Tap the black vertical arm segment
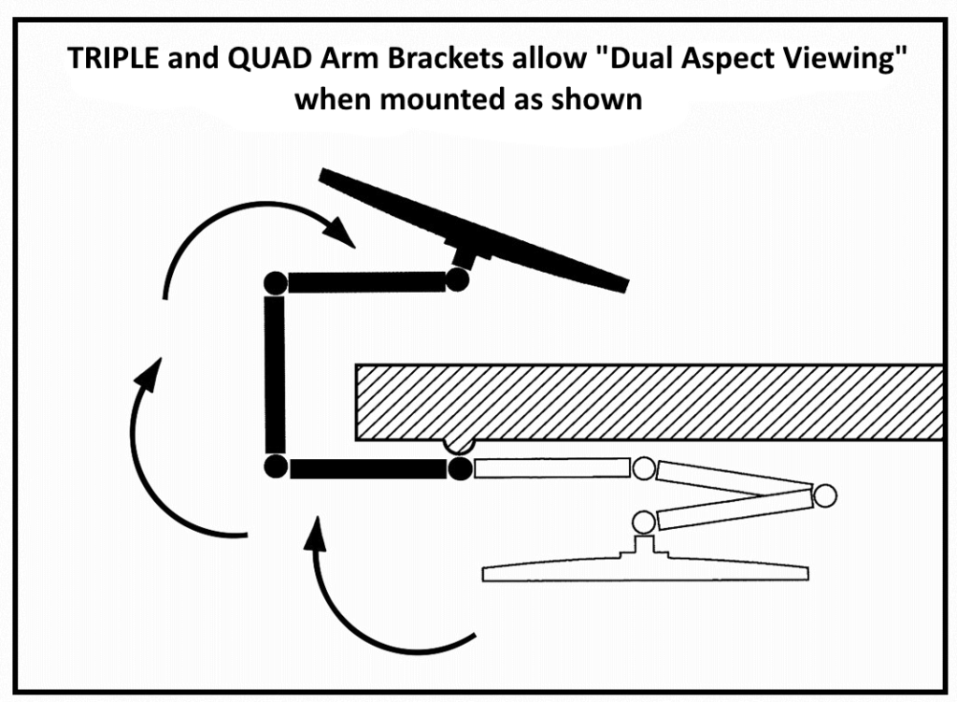274,374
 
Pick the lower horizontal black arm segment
367,468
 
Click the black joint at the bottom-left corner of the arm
274,467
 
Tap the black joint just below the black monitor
457,279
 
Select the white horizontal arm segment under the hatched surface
551,467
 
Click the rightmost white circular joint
823,494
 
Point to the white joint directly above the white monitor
643,522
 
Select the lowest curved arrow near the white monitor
374,608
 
